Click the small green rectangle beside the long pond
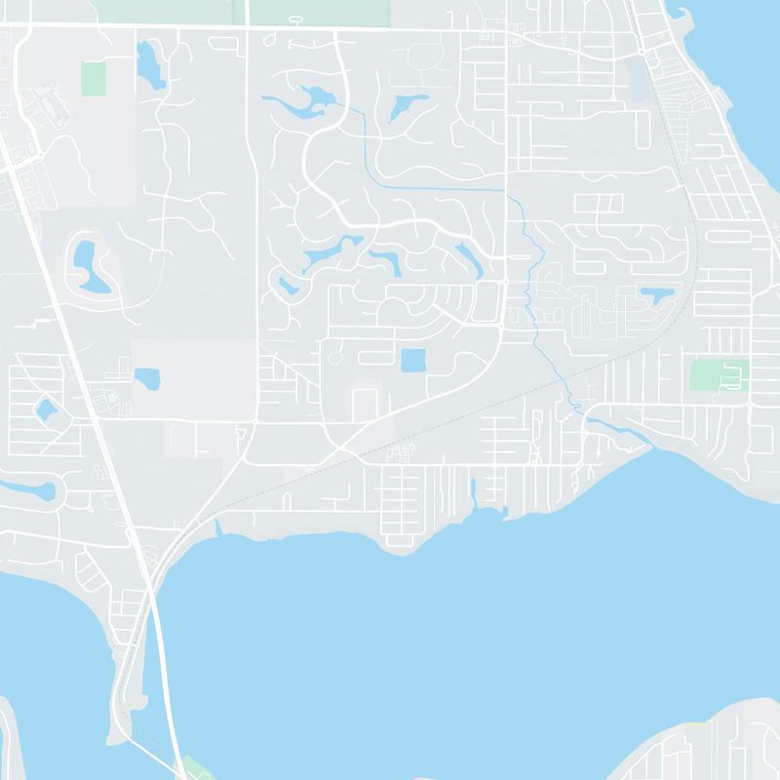click(93, 77)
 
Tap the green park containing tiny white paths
click(719, 373)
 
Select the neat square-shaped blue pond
click(413, 360)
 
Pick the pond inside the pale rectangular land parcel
click(147, 377)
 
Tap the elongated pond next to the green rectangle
click(151, 65)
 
